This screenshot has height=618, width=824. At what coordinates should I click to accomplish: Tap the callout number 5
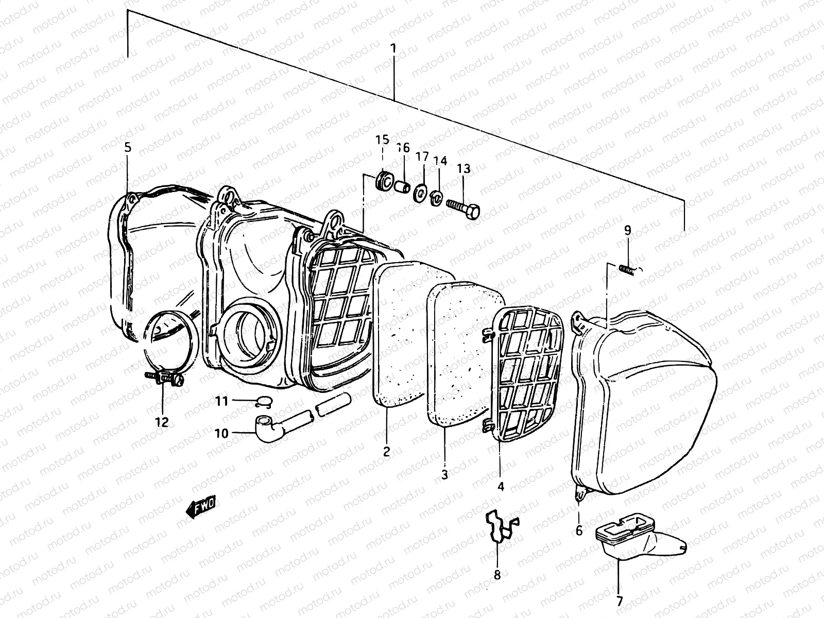pos(128,147)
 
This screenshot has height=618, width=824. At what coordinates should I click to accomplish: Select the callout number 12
pos(162,422)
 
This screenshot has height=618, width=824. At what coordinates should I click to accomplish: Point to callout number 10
pos(221,434)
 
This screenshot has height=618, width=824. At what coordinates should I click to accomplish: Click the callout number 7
pos(619,600)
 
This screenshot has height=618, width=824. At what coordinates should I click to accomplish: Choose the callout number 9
pos(627,231)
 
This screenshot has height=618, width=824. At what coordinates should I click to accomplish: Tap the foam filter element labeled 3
pos(463,355)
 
